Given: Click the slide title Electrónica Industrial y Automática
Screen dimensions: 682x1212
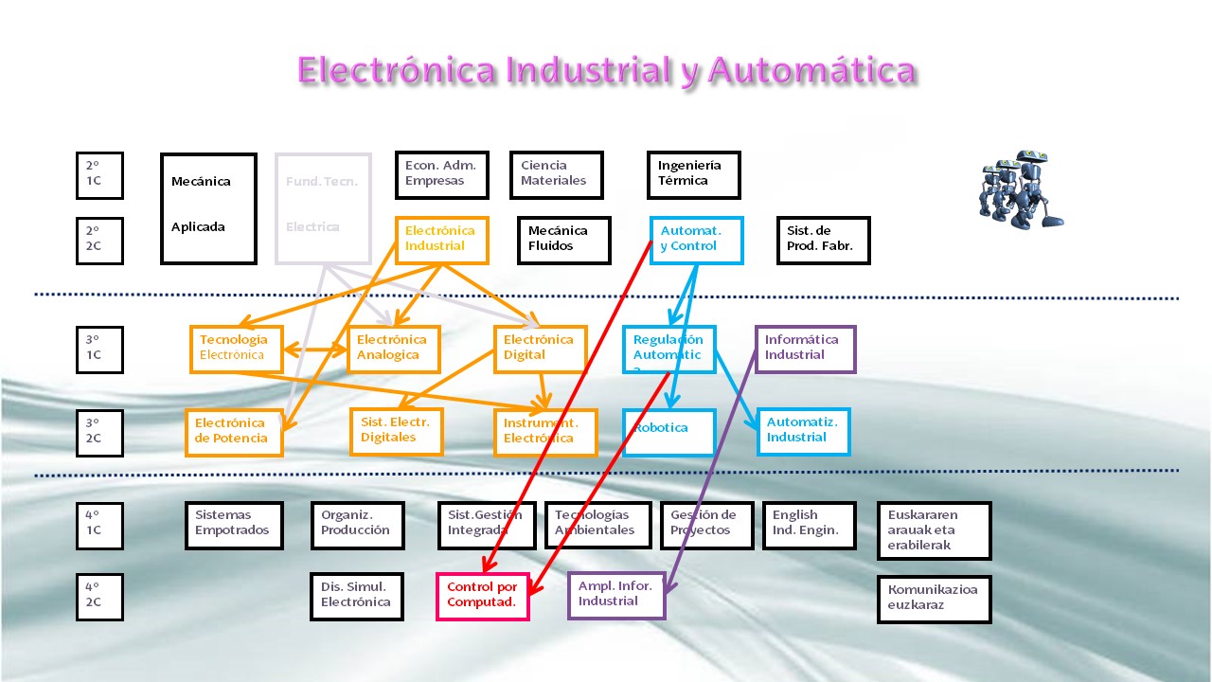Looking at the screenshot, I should tap(606, 71).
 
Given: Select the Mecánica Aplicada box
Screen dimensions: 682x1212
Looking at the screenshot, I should tap(208, 208).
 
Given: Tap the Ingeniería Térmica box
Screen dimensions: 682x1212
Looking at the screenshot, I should tap(693, 174).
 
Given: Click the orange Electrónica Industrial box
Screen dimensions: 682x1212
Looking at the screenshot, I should tap(441, 240).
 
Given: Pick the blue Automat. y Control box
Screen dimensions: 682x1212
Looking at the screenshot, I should tap(697, 240).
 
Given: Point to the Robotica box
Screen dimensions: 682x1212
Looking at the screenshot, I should tap(668, 432).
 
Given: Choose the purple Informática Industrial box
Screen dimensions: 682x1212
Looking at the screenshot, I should tap(805, 349).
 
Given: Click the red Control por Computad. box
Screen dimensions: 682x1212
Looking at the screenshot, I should tap(482, 596).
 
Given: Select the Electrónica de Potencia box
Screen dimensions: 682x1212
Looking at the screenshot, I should tap(234, 432).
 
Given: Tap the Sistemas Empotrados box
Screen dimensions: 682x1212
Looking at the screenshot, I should tap(233, 525).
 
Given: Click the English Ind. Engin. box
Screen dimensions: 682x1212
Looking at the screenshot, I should tap(809, 525).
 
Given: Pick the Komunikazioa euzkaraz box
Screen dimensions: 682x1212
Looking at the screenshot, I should tap(934, 599).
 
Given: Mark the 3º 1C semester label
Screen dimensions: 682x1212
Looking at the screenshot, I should tap(99, 349).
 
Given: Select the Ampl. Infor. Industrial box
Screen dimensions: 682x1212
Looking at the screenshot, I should tap(616, 595).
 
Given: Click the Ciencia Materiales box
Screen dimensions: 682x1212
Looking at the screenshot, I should tap(556, 174).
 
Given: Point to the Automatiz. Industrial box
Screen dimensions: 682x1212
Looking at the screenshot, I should tap(803, 431).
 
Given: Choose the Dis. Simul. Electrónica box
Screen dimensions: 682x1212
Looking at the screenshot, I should tap(357, 596).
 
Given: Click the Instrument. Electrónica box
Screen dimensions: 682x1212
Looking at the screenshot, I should tap(544, 432).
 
